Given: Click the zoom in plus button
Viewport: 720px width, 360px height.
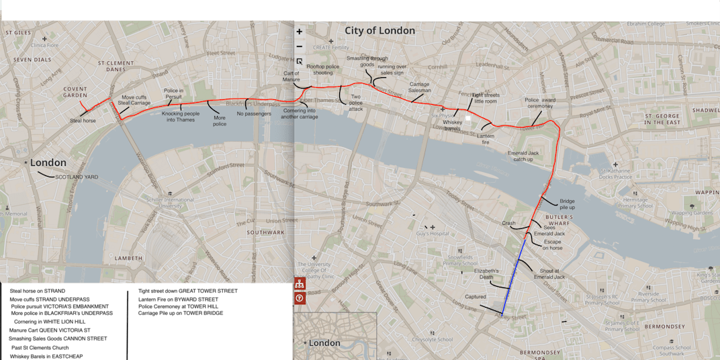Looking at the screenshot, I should click(x=300, y=32).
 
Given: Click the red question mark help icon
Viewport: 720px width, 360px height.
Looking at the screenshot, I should click(x=300, y=298).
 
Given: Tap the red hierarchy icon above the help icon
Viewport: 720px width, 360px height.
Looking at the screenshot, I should click(x=300, y=284).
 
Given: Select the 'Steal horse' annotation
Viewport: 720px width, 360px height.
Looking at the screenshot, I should click(x=83, y=121).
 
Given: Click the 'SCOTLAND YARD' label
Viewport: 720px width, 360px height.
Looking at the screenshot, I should click(x=77, y=177).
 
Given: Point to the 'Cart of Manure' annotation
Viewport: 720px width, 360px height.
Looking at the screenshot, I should click(x=291, y=77).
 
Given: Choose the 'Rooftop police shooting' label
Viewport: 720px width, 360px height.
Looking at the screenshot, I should click(x=324, y=71).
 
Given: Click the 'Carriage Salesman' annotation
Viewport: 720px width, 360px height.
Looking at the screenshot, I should click(x=420, y=87).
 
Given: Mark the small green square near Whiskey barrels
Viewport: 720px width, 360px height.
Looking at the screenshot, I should click(x=469, y=118).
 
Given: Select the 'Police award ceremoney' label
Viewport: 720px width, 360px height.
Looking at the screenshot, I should click(x=540, y=103).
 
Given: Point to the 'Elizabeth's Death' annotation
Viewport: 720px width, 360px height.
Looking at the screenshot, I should click(x=487, y=273).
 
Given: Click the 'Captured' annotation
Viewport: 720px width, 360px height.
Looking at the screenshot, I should click(x=475, y=296).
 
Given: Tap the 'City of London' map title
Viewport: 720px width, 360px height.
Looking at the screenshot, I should click(x=379, y=31).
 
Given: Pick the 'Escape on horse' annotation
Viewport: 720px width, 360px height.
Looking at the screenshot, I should click(x=552, y=244).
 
